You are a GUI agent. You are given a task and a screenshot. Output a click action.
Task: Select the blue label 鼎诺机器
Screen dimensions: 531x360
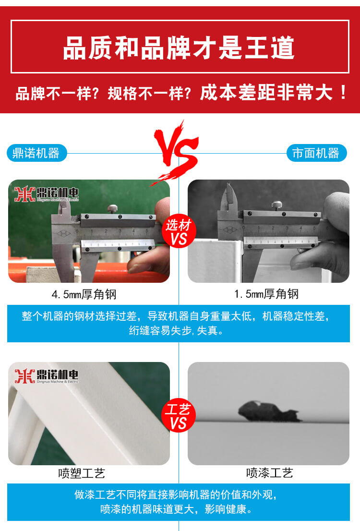[x=37, y=153]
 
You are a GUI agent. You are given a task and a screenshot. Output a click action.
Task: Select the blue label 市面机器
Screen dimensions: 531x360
[x=316, y=153]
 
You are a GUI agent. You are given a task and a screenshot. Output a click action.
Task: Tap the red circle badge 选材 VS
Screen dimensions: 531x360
[x=178, y=231]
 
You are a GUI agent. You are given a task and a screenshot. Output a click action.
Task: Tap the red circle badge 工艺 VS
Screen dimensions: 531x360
[x=178, y=416]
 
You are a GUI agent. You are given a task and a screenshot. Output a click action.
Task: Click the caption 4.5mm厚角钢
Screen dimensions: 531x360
[x=84, y=294]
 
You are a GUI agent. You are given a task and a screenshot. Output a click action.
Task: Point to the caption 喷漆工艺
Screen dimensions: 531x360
[x=269, y=474]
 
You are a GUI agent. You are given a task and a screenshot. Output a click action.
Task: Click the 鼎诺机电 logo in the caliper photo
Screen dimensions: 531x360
[x=46, y=193]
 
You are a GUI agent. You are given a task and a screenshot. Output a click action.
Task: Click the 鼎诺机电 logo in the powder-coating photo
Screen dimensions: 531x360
[x=46, y=376]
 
